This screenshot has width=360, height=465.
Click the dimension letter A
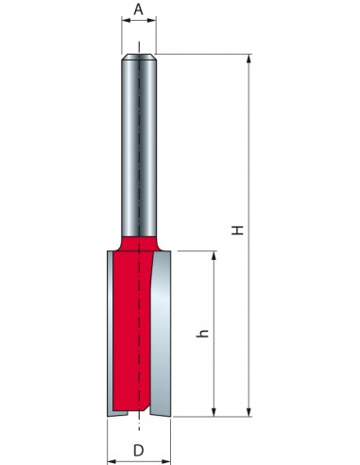tap(139, 9)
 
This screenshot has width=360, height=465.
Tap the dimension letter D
tap(138, 450)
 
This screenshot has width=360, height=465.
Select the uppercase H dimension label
tap(238, 231)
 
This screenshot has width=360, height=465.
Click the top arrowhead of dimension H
tap(249, 59)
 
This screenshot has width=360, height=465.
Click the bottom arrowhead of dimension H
tap(249, 412)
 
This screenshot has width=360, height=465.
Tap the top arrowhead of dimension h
tap(214, 255)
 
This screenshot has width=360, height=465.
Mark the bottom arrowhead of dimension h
tap(214, 412)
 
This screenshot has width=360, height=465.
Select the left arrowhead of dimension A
tap(126, 21)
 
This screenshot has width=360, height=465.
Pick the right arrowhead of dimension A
tap(152, 21)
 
